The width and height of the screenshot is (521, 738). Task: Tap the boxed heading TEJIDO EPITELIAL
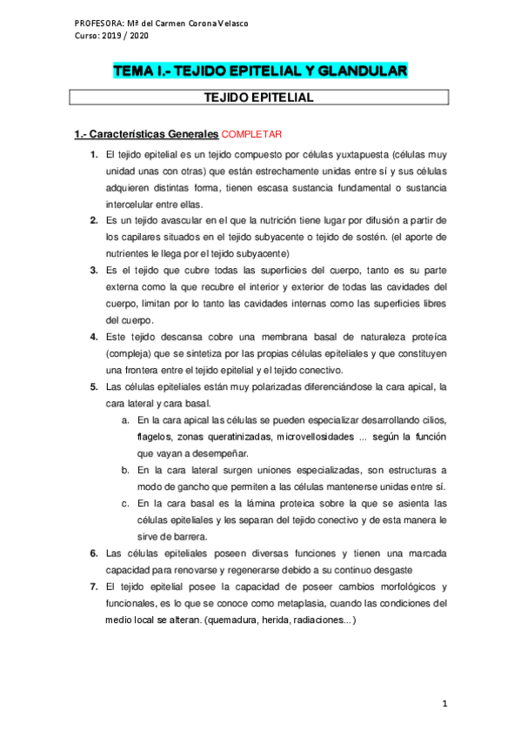(259, 98)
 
